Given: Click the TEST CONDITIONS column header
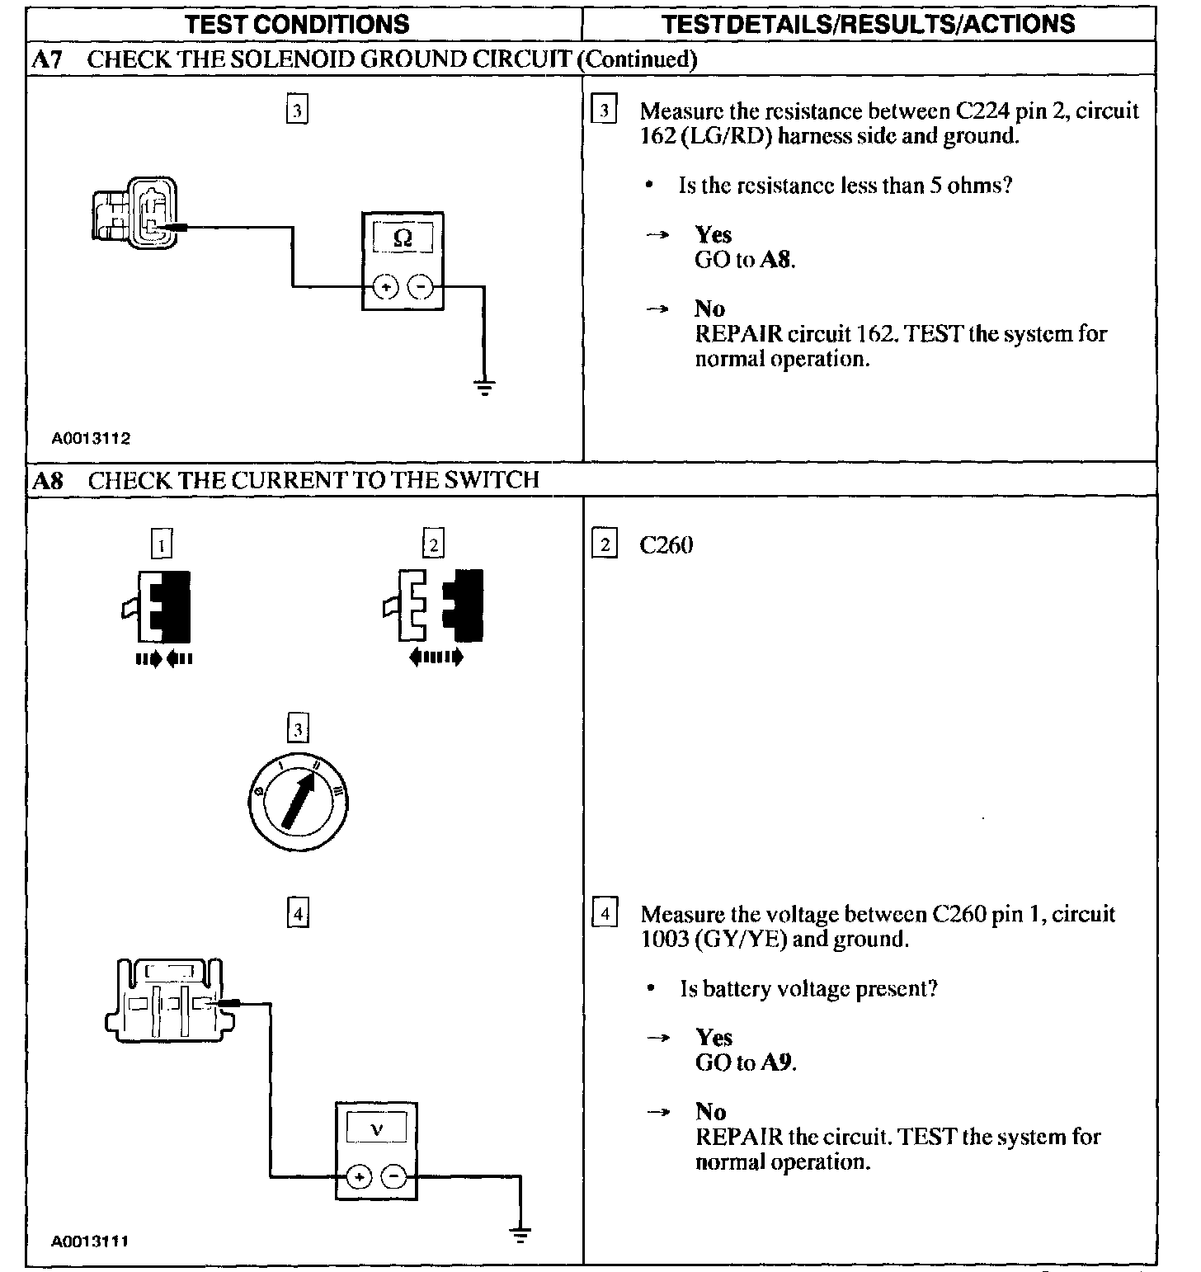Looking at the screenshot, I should (x=298, y=23).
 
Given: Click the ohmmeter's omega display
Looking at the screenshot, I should (x=403, y=238).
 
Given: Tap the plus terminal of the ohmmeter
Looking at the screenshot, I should (x=385, y=287).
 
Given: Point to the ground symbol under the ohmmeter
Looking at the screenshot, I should (x=484, y=386).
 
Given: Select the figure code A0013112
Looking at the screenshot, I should (x=91, y=439).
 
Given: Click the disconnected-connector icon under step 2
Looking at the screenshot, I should (x=434, y=605).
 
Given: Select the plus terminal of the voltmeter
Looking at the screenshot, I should (x=358, y=1176).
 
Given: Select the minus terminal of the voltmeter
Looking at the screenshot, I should (x=394, y=1176).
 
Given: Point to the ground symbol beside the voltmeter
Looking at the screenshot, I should (x=520, y=1234).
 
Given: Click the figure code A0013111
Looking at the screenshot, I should (x=91, y=1241).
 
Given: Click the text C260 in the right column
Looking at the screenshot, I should (x=666, y=545).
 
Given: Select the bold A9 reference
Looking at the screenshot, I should (x=777, y=1062).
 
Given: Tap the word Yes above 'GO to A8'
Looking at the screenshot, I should (x=714, y=235).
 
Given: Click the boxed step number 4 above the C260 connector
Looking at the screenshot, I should (x=298, y=913).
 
